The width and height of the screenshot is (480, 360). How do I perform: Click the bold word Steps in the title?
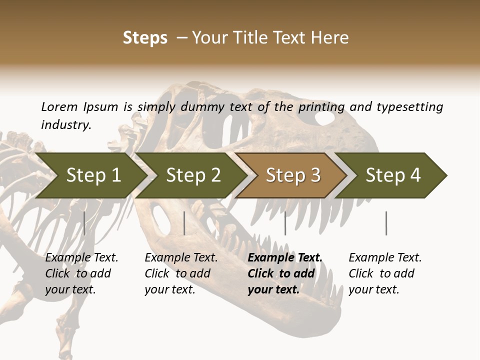point(145,38)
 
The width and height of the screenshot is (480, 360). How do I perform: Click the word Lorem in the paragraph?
point(59,106)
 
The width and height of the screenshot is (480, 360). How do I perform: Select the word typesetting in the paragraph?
point(409,106)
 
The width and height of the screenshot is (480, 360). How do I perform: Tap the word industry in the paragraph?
point(66,124)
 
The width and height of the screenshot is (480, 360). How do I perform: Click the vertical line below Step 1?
point(84,223)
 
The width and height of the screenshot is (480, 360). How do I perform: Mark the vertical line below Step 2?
point(184,223)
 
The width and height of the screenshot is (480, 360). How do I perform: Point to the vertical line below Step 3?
point(285,223)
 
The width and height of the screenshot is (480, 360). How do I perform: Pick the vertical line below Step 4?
point(386,223)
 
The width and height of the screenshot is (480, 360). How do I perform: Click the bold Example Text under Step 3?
point(285,257)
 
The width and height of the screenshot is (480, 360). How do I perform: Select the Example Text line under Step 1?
point(81,257)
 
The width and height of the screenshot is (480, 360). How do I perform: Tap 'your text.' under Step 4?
point(374,289)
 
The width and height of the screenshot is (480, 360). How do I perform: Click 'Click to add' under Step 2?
point(177,273)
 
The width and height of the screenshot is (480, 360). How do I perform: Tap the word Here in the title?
point(329,38)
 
